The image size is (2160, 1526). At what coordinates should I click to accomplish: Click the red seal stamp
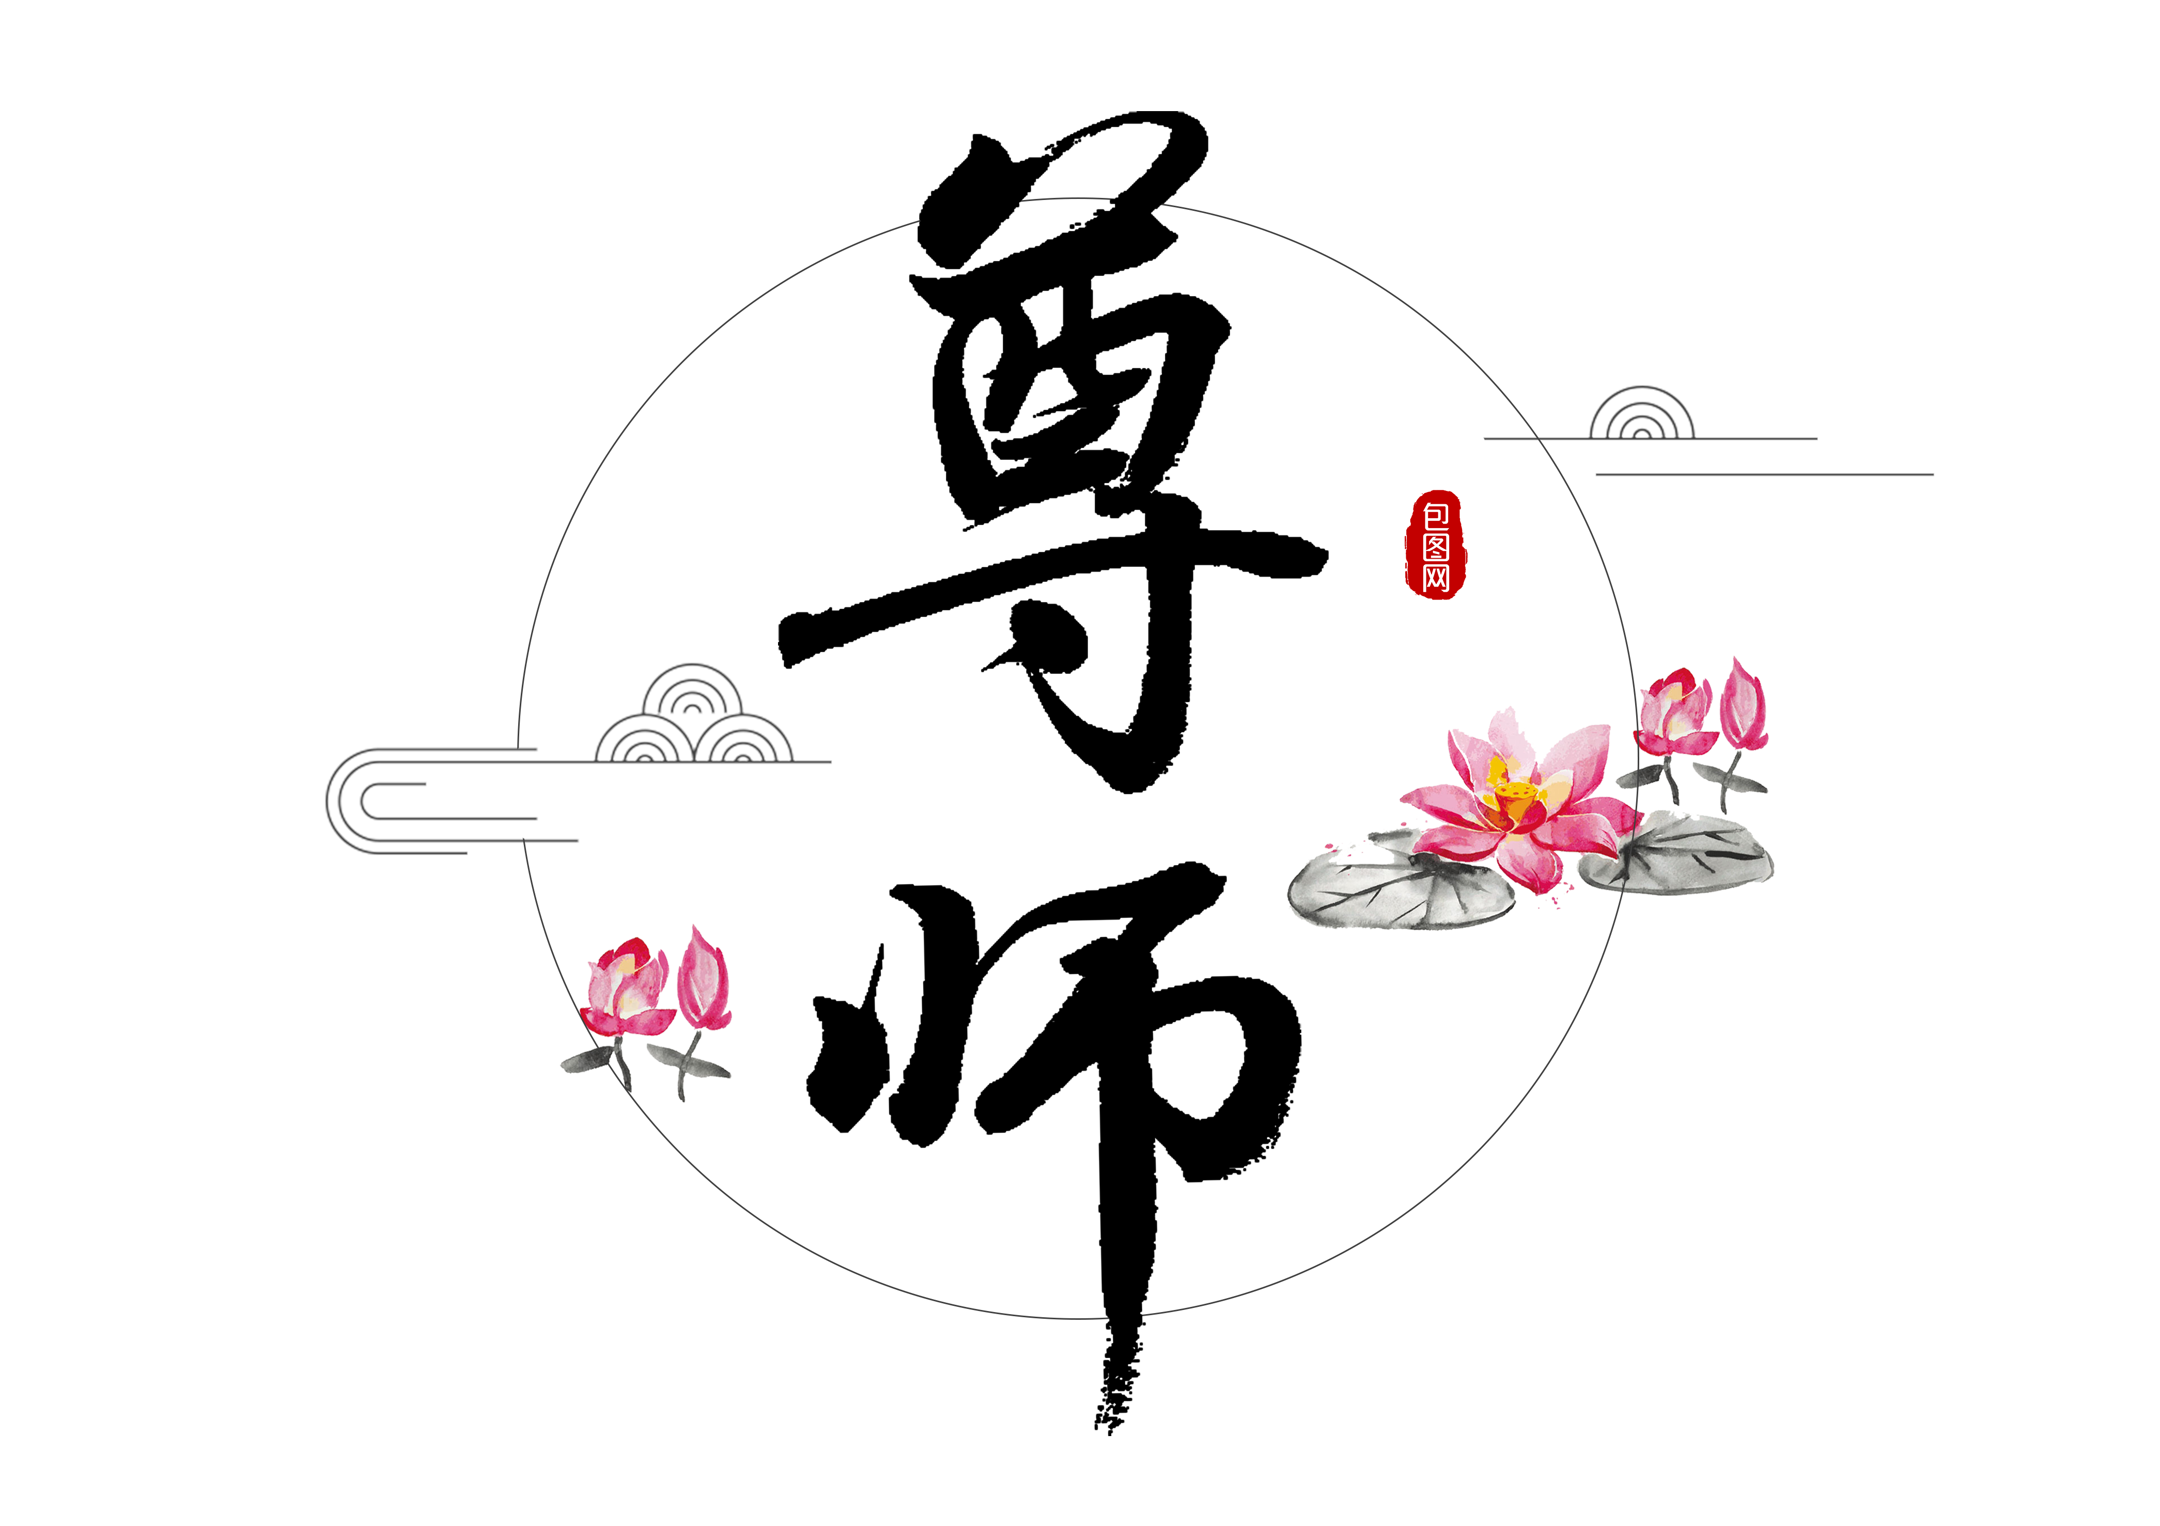(x=1436, y=545)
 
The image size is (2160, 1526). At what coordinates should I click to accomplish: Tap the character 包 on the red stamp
(x=1436, y=515)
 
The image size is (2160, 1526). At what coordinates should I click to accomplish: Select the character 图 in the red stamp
(x=1436, y=547)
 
